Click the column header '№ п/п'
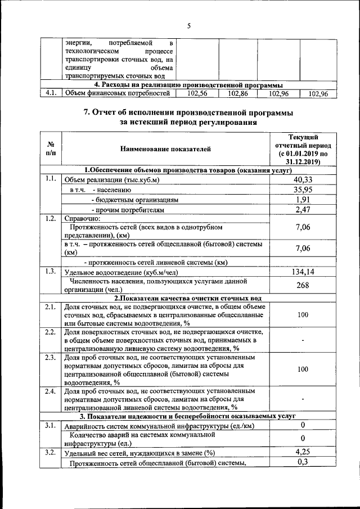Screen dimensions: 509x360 51,149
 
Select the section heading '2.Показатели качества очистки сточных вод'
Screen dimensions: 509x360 188,298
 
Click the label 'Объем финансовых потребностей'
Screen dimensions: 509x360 117,94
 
